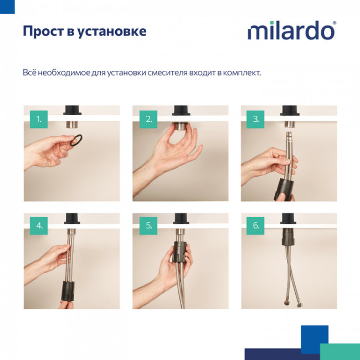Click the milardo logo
(x=291, y=31)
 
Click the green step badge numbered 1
(x=38, y=119)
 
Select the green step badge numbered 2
(x=148, y=119)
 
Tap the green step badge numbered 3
(x=256, y=119)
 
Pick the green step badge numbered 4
(x=38, y=225)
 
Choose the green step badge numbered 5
(x=148, y=225)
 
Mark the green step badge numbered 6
(x=256, y=225)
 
